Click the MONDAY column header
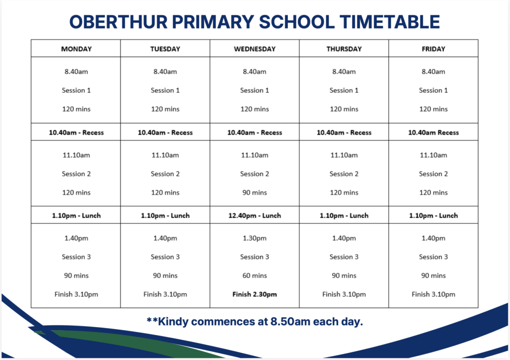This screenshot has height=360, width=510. click(76, 49)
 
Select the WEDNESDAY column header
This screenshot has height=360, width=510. click(255, 49)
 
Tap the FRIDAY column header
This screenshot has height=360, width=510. click(433, 49)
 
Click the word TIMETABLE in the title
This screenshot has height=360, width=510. click(389, 22)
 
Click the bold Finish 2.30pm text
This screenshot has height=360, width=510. click(255, 294)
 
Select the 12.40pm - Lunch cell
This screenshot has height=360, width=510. click(255, 215)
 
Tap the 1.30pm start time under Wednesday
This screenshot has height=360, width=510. click(255, 238)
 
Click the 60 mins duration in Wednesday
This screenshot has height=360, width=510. click(255, 275)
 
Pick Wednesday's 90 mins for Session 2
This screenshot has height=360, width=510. click(255, 193)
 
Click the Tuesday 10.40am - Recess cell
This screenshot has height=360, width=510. click(165, 132)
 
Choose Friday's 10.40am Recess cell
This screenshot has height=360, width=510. click(434, 132)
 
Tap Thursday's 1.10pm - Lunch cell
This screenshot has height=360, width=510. click(344, 215)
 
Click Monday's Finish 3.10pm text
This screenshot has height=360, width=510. click(76, 294)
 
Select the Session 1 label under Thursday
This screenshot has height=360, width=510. click(344, 90)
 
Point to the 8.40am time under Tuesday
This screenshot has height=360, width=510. click(165, 72)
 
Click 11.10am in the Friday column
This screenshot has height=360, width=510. click(434, 155)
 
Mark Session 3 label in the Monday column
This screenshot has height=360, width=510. click(76, 257)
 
